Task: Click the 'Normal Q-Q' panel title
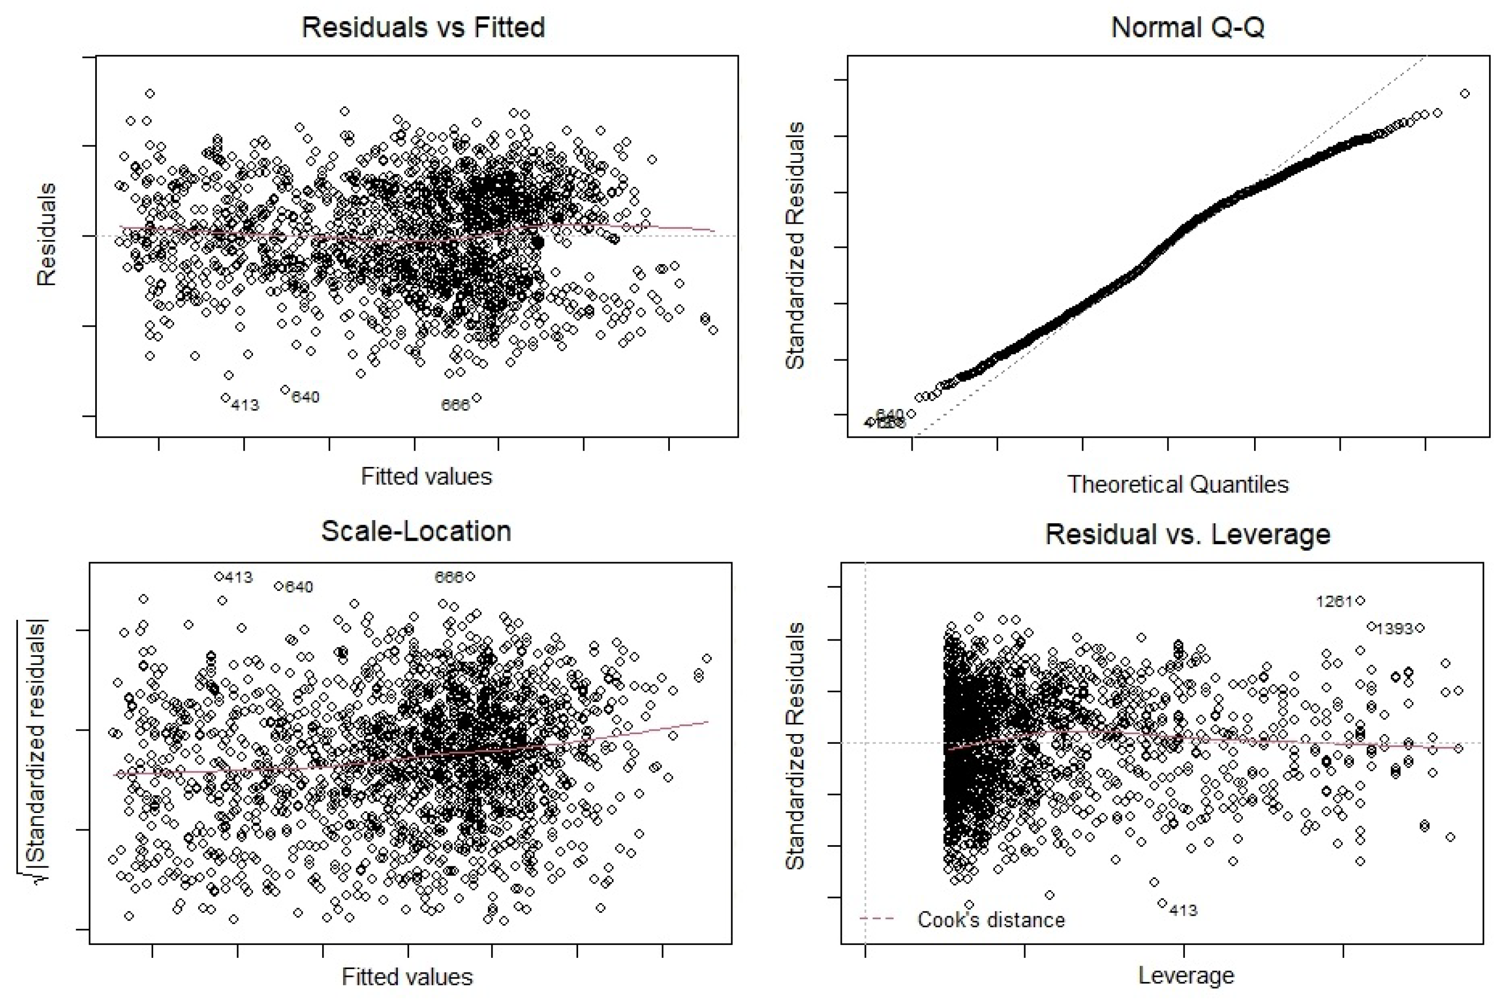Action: pos(1187,28)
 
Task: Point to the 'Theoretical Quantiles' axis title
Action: pos(1177,484)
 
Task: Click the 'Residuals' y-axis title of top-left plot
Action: pos(46,234)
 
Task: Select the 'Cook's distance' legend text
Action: pos(990,919)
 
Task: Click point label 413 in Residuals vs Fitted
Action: pos(245,405)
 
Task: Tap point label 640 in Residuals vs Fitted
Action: pos(305,397)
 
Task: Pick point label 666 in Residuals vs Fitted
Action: pos(455,404)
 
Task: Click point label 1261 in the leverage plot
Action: pos(1333,601)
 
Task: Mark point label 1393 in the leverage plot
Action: pos(1394,629)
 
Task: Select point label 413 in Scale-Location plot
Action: pos(238,577)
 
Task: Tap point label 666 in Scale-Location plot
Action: pos(449,577)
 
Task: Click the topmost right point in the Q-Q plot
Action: pos(1465,94)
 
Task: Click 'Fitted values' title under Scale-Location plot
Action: pos(407,976)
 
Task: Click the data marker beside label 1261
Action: pos(1361,601)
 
